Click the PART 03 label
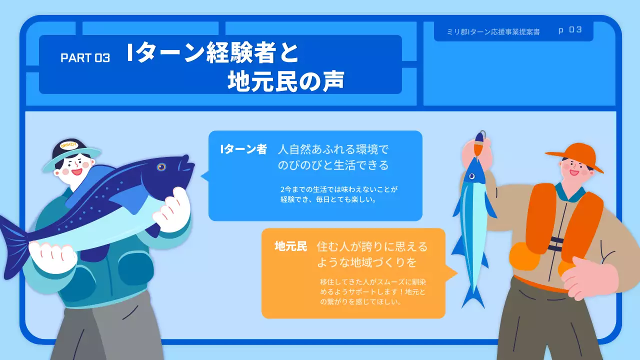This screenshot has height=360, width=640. tap(85, 57)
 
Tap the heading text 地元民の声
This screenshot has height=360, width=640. tap(285, 81)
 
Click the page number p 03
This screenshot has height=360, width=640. tap(570, 30)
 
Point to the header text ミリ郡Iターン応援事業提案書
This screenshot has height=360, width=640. tap(493, 31)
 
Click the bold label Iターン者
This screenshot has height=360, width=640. tap(243, 149)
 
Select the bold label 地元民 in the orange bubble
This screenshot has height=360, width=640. tap(290, 246)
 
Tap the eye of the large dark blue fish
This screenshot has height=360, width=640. tap(160, 166)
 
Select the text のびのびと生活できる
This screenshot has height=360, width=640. tap(333, 165)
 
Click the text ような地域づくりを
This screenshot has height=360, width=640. tap(366, 262)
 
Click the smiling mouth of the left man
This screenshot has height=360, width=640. tap(76, 171)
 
